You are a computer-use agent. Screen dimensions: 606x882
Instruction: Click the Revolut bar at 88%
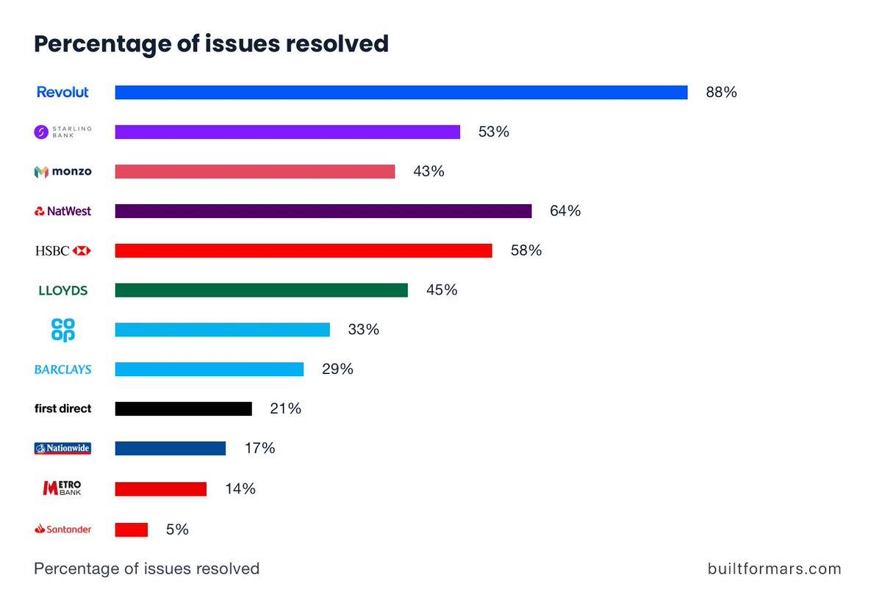pyautogui.click(x=401, y=93)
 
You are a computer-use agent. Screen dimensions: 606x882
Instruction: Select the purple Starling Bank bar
pyautogui.click(x=287, y=132)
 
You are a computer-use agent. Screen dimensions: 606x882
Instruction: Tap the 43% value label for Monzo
pyautogui.click(x=429, y=171)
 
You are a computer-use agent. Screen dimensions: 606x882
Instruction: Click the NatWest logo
pyautogui.click(x=63, y=212)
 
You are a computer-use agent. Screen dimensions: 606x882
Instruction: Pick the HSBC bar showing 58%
pyautogui.click(x=304, y=250)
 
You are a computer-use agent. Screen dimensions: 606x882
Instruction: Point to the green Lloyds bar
pyautogui.click(x=261, y=290)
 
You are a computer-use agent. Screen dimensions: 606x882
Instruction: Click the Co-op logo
pyautogui.click(x=63, y=330)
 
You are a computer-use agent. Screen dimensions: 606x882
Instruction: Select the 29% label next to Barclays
pyautogui.click(x=337, y=369)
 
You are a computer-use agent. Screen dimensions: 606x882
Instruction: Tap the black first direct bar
pyautogui.click(x=183, y=409)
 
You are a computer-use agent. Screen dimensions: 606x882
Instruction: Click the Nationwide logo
pyautogui.click(x=63, y=448)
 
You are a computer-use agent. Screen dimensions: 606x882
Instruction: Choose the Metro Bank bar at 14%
pyautogui.click(x=160, y=488)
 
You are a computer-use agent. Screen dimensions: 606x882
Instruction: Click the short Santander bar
pyautogui.click(x=132, y=530)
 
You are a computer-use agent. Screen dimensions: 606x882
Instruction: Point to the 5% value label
pyautogui.click(x=177, y=529)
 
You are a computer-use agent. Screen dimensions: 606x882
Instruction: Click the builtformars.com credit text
pyautogui.click(x=774, y=569)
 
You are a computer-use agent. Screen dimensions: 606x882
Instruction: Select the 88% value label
pyautogui.click(x=721, y=93)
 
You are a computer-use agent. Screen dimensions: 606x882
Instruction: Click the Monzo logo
pyautogui.click(x=63, y=172)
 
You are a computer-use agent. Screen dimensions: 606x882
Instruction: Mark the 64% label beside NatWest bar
pyautogui.click(x=565, y=212)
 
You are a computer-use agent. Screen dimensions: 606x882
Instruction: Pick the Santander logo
pyautogui.click(x=63, y=529)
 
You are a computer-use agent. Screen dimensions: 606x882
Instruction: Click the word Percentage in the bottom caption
pyautogui.click(x=76, y=569)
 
